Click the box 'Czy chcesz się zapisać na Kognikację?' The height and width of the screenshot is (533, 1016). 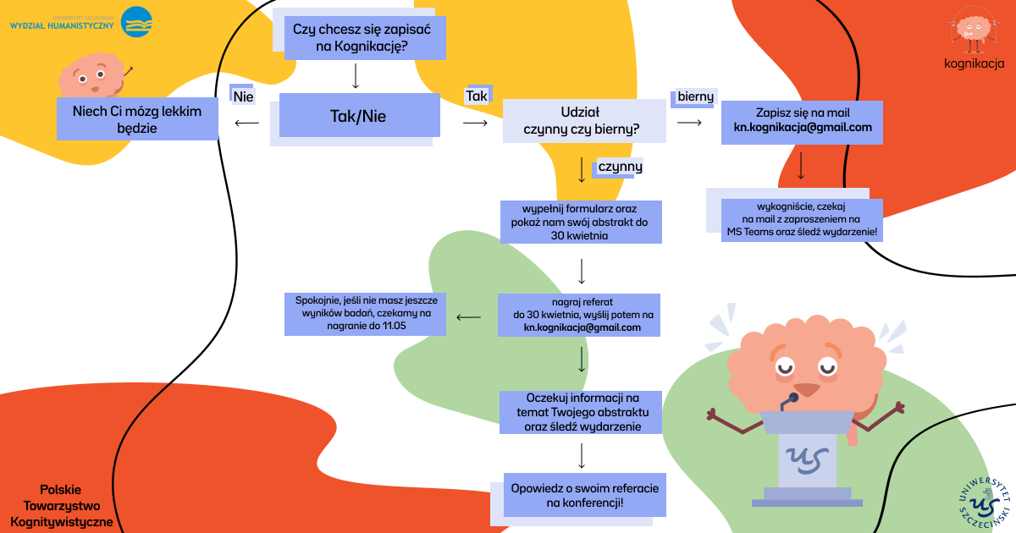(365, 38)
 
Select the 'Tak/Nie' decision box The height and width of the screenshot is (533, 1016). (359, 115)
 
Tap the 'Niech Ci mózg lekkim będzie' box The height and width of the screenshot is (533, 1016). (137, 118)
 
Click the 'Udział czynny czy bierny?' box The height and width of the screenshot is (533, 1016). (584, 120)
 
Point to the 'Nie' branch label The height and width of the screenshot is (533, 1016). (243, 96)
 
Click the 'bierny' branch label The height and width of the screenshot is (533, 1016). (695, 96)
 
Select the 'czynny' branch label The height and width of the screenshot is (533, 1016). (620, 167)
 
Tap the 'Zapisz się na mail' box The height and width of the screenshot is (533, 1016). (802, 123)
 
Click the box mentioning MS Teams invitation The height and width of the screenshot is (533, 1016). (802, 220)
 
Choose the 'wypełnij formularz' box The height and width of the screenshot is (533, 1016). (581, 222)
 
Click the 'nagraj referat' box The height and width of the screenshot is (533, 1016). (579, 315)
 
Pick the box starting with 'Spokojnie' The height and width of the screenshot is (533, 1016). (365, 314)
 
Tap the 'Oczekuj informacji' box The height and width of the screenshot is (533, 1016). (581, 413)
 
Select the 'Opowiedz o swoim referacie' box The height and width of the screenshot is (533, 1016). (585, 495)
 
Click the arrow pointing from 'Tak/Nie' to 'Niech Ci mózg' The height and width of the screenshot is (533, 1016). (246, 123)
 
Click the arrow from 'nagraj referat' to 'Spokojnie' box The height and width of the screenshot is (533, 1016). (468, 317)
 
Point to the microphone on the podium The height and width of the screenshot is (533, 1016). (789, 401)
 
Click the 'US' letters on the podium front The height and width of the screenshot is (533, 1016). (808, 460)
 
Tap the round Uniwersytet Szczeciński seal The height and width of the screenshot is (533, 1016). (984, 503)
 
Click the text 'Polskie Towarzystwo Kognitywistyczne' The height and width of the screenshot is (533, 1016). (61, 506)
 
